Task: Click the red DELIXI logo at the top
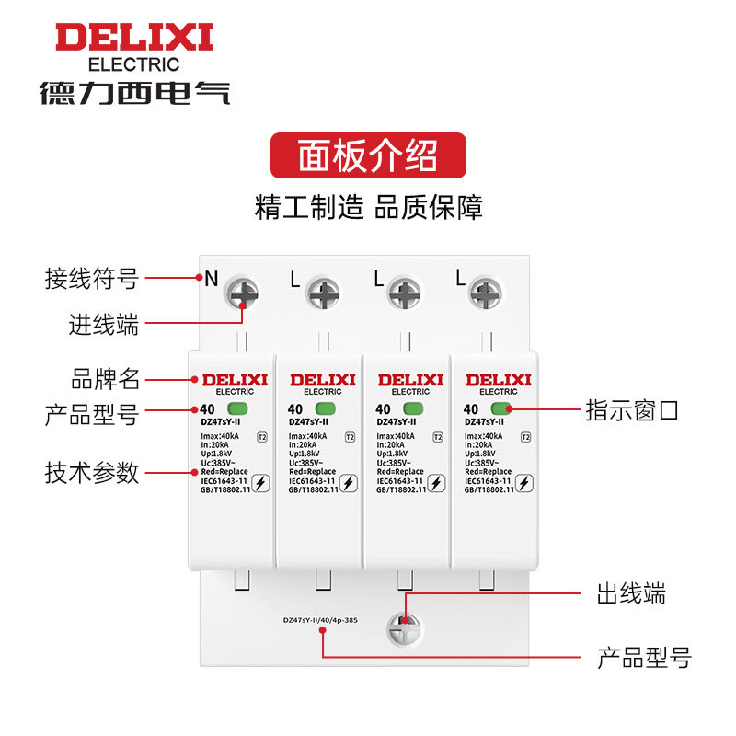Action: click(x=133, y=38)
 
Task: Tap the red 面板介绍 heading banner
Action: click(x=368, y=155)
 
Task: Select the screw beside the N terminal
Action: click(x=243, y=293)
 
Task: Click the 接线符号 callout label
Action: click(x=92, y=278)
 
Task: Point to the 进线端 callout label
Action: click(x=104, y=325)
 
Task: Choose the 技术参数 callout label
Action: click(x=92, y=473)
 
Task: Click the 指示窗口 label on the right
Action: click(x=632, y=410)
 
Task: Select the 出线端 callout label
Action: click(x=631, y=593)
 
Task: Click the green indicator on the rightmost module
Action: click(x=501, y=409)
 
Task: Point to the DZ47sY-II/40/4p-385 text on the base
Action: click(x=320, y=620)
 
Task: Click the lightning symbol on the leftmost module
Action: click(x=260, y=482)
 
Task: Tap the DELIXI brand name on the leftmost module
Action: click(x=234, y=379)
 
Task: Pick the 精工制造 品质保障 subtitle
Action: click(x=368, y=206)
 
